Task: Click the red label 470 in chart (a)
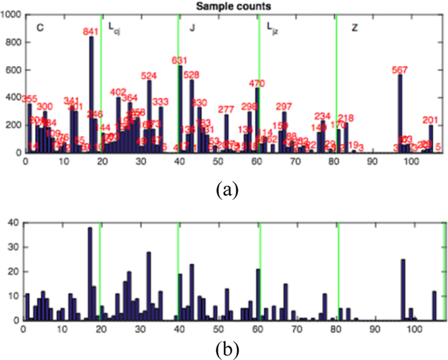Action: pos(257,83)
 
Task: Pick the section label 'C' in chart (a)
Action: pos(40,27)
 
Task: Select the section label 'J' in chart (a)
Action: pos(192,28)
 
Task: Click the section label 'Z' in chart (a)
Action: pos(354,28)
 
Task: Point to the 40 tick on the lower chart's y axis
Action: pos(14,222)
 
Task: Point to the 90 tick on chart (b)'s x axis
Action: pos(373,328)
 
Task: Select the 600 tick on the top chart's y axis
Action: pos(12,70)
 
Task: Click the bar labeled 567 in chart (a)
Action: pos(400,114)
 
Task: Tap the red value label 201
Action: pos(430,120)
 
